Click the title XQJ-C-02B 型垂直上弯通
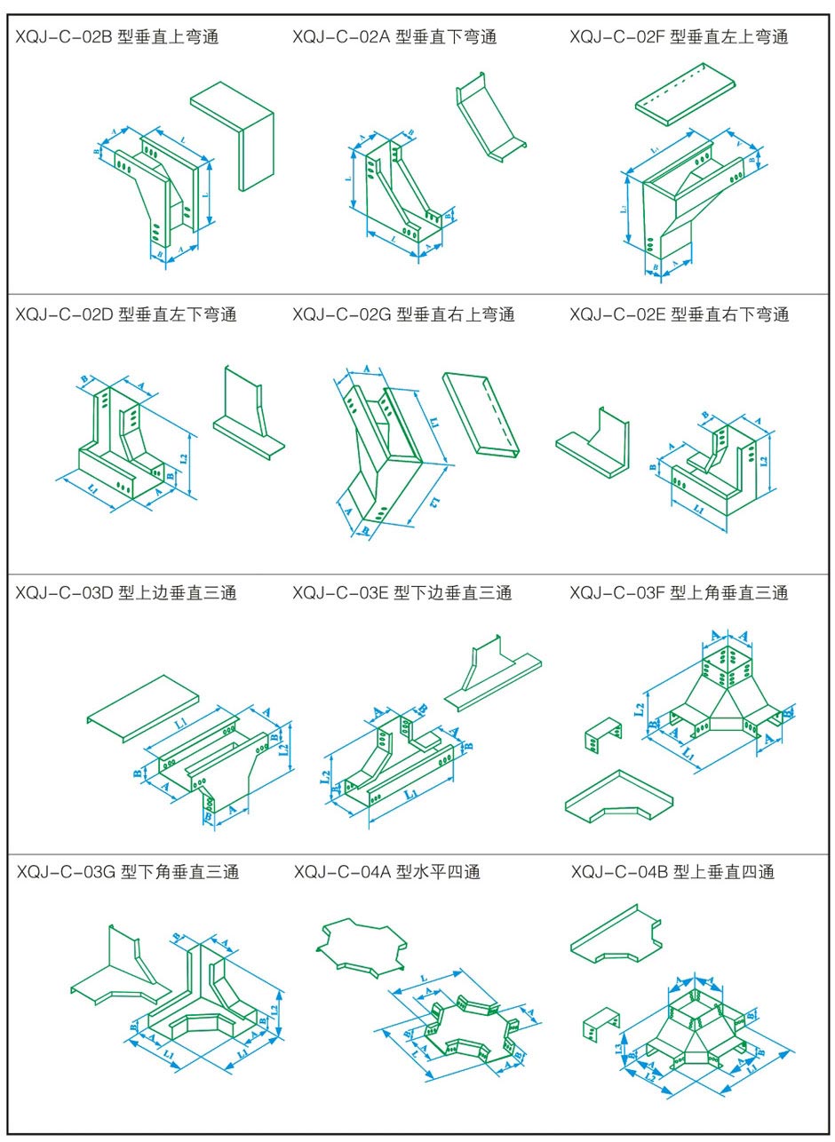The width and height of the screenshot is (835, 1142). (x=117, y=37)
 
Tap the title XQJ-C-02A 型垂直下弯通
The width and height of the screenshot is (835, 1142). (x=394, y=37)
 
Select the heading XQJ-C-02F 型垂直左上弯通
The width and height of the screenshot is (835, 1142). (x=679, y=37)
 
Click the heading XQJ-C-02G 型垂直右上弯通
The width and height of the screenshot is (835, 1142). (x=403, y=314)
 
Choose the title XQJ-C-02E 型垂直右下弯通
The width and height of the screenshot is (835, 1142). (x=679, y=314)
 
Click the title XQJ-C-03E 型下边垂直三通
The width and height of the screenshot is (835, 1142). (x=402, y=592)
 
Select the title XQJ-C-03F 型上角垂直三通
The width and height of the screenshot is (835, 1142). (x=679, y=592)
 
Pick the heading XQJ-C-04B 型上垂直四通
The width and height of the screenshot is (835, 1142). (x=673, y=872)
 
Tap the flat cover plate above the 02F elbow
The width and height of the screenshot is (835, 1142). (x=686, y=93)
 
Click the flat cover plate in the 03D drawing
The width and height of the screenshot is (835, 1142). (x=148, y=706)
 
